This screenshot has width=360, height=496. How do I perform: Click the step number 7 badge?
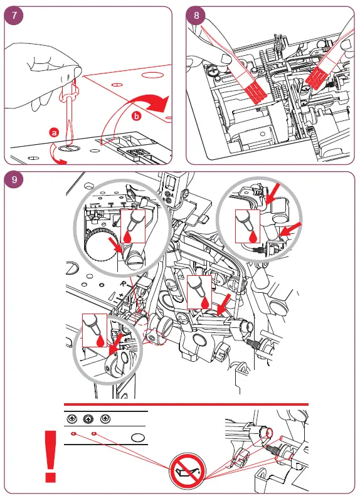pyautogui.click(x=14, y=15)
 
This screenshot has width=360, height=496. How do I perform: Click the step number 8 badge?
pyautogui.click(x=196, y=15)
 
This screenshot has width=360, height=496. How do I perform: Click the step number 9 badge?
pyautogui.click(x=14, y=180)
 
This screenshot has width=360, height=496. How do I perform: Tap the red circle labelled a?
pyautogui.click(x=55, y=132)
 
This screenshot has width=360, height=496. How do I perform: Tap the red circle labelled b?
pyautogui.click(x=136, y=116)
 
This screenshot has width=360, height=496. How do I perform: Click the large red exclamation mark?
pyautogui.click(x=51, y=456)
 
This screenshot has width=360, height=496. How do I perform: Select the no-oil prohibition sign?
pyautogui.click(x=188, y=471)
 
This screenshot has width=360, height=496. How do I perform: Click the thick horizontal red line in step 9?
pyautogui.click(x=186, y=404)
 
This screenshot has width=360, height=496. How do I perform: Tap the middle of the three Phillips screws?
pyautogui.click(x=88, y=419)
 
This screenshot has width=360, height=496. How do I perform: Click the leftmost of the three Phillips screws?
pyautogui.click(x=72, y=419)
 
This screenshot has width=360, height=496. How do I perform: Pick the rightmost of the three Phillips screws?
pyautogui.click(x=105, y=419)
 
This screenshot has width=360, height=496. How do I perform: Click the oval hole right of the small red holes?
pyautogui.click(x=138, y=438)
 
